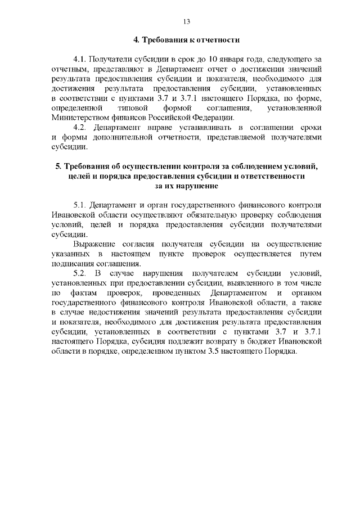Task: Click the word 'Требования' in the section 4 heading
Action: (167, 40)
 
